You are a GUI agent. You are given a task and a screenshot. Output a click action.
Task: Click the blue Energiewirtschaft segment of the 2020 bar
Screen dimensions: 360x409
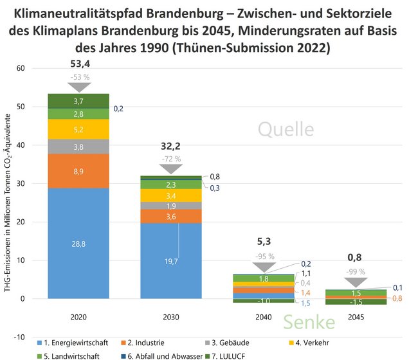coord(78,243)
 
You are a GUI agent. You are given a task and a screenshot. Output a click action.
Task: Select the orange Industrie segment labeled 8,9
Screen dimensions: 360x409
coord(78,171)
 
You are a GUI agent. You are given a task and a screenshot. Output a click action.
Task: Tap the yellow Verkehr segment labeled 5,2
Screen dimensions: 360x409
coord(78,129)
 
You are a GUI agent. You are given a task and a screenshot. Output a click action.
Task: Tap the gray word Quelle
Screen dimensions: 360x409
coord(286,129)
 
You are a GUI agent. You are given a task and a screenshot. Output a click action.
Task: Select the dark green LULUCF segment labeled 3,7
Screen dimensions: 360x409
coord(78,101)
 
